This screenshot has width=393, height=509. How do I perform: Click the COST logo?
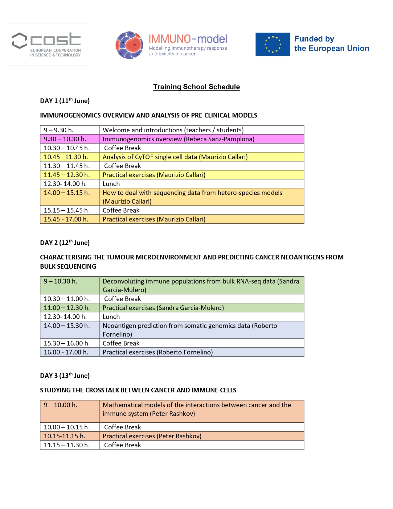pos(47,44)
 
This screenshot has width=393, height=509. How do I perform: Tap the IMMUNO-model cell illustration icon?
pos(129,45)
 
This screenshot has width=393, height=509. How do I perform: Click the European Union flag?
pos(272,44)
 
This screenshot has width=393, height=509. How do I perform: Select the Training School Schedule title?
pos(196,87)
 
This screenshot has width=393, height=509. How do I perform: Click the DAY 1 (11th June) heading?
pos(65,101)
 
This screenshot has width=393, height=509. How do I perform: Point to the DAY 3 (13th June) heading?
pos(65,376)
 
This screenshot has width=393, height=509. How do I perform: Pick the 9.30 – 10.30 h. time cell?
pos(70,139)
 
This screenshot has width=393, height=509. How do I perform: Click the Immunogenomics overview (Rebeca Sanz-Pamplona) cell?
pos(202,139)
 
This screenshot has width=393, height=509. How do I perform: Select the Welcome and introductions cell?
pos(202,130)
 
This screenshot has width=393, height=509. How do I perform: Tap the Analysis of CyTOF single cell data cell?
pos(202,157)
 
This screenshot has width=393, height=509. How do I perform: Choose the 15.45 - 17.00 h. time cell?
pos(70,219)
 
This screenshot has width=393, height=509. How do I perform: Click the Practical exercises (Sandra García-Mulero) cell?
pos(202,308)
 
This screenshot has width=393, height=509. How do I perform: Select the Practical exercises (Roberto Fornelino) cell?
pos(202,352)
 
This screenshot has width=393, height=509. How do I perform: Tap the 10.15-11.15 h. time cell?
pos(70,436)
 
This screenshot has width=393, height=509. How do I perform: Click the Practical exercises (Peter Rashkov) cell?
pos(202,436)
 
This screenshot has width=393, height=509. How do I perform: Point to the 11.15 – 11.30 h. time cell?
pos(70,445)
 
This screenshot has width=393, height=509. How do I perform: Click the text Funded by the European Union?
pos(331,44)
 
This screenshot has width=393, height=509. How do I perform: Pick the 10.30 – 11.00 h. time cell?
pos(70,299)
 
